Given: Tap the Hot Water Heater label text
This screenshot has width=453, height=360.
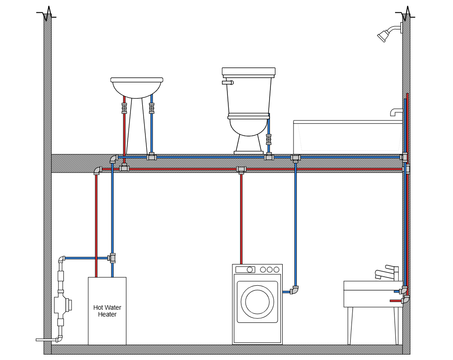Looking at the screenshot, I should tap(107, 311).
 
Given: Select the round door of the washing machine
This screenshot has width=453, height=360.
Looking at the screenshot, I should tap(257, 301).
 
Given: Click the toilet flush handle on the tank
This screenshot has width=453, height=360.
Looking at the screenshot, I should tap(228, 82).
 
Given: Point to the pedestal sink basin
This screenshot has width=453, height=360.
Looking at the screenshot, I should tap(136, 87).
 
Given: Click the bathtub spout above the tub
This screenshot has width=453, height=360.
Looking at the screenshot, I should tap(396, 112).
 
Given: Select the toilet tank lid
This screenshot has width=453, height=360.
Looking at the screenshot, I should tap(248, 71).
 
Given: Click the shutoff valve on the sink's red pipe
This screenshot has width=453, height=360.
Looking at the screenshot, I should tap(124, 108).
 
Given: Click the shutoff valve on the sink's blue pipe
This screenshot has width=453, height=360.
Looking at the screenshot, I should tap(151, 108).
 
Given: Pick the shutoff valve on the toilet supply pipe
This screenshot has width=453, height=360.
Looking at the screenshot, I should tap(269, 139).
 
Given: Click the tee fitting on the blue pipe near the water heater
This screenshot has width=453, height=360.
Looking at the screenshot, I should tap(112, 258).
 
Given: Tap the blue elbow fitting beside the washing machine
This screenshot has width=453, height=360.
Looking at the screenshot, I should tap(294, 290).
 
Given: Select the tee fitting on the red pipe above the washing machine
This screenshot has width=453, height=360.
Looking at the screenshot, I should tap(241, 169).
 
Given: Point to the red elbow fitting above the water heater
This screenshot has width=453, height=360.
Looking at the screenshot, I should tap(97, 170).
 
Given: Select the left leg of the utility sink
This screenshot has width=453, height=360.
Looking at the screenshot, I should tap(350, 325).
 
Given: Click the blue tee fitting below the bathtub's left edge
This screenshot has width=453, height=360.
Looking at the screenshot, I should tap(295, 158).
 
